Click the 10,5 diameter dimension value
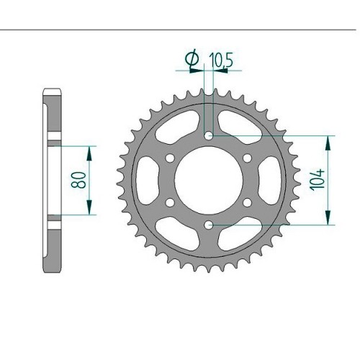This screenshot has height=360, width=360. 221,60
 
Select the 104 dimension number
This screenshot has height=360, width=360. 318,181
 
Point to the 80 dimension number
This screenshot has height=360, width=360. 78,180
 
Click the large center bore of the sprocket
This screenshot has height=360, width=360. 209,180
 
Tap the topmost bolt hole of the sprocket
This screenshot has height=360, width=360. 209,136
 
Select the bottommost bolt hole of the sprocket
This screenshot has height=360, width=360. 209,225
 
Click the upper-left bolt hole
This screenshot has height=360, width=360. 170,158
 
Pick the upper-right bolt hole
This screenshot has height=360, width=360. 247,158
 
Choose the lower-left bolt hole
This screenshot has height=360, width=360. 170,202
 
